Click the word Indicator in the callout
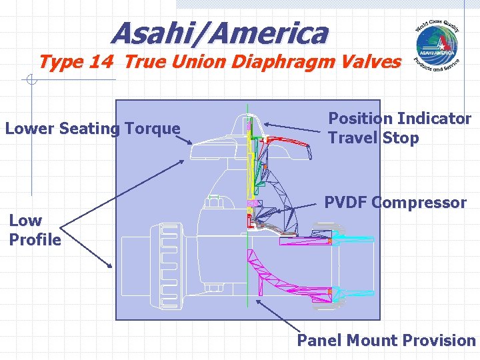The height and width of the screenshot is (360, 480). (434, 119)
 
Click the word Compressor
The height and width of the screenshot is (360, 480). (421, 203)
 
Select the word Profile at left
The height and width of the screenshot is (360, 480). (35, 239)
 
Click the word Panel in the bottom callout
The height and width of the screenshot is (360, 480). (318, 341)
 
